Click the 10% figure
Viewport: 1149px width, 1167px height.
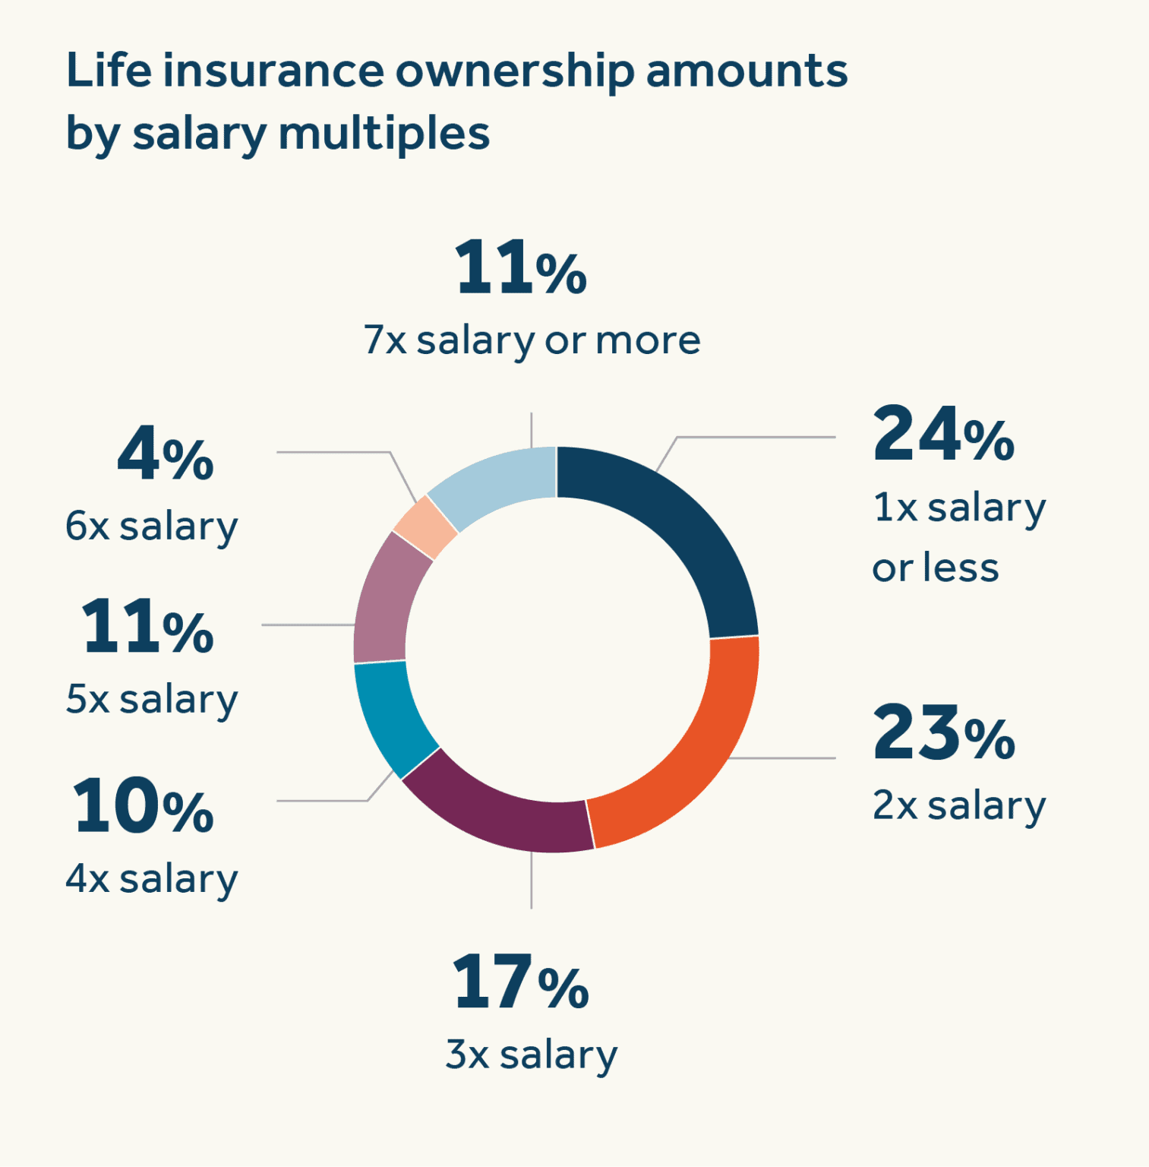point(144,807)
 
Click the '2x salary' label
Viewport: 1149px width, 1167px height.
point(958,805)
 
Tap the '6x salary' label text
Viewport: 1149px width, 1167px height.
point(151,526)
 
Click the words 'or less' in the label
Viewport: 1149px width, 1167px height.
point(935,568)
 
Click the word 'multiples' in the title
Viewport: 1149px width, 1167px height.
point(384,134)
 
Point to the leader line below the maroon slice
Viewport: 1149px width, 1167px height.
point(531,881)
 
